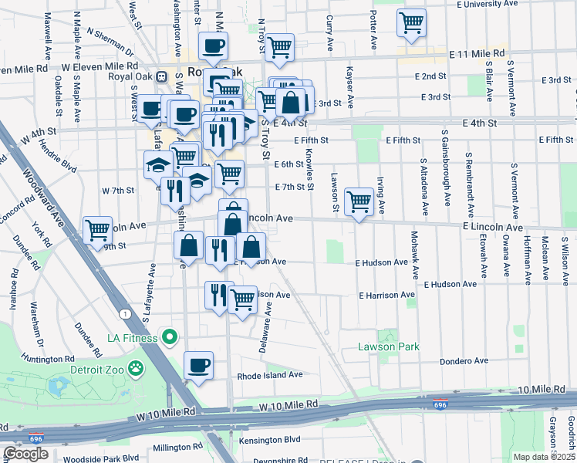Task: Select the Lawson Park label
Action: [x=389, y=346]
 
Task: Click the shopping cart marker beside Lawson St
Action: [x=359, y=202]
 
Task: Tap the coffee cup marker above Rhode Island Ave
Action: [x=198, y=365]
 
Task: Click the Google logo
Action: [x=25, y=454]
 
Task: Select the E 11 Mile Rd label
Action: [x=477, y=54]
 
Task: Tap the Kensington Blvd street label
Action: [x=270, y=439]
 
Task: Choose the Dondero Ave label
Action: [x=464, y=360]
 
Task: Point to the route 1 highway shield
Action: [x=123, y=313]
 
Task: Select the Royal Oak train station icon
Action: [x=162, y=77]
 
